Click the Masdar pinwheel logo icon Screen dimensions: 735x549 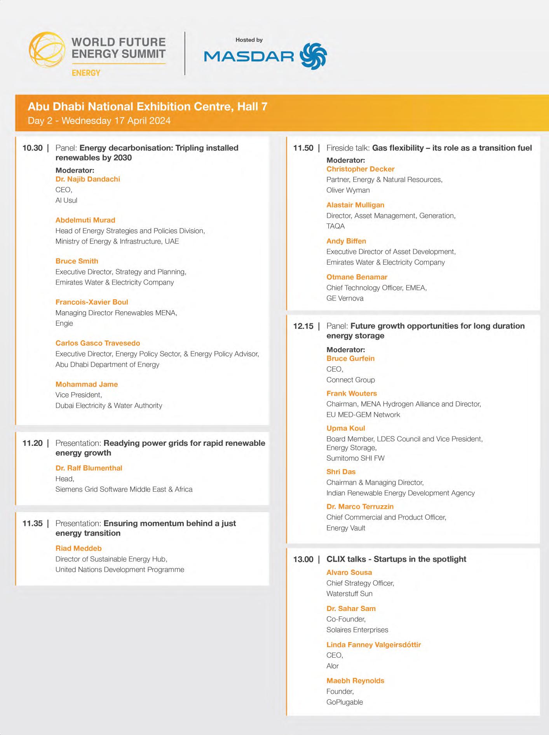313,56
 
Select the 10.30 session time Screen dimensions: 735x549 33,148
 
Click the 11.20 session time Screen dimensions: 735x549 33,443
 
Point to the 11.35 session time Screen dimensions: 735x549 33,524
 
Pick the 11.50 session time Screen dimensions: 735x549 303,148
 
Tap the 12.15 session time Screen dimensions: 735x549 303,326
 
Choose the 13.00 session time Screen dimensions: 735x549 303,559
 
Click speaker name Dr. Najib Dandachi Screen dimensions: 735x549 88,179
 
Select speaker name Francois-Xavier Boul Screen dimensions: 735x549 92,302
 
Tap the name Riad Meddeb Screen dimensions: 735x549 78,548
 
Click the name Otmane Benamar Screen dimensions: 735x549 357,277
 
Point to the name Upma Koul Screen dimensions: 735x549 345,428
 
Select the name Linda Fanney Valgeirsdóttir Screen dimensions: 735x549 373,645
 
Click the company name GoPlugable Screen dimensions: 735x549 344,702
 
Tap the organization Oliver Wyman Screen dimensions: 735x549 348,190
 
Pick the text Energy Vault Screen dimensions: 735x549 346,528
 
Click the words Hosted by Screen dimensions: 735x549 249,40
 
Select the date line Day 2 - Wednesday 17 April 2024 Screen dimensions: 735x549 99,120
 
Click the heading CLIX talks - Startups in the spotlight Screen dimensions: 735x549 396,559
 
